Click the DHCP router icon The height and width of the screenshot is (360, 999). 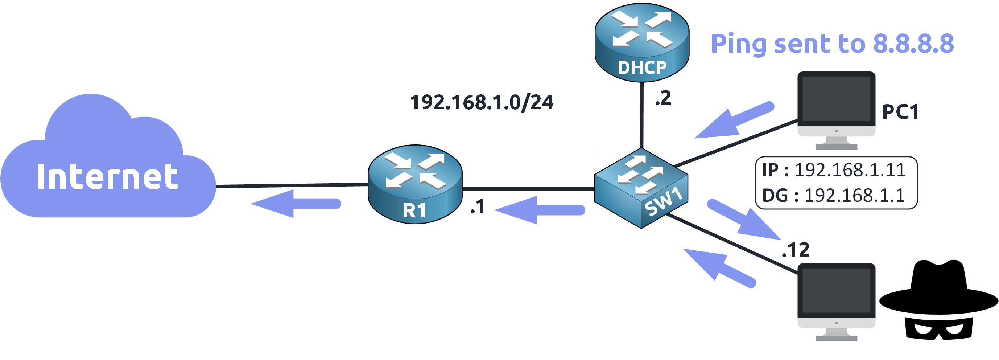642,43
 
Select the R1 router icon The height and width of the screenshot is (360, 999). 415,184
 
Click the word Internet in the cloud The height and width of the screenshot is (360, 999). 107,177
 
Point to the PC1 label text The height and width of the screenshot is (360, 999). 900,112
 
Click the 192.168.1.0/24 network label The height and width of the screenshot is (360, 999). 481,102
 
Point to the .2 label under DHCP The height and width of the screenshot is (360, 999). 663,98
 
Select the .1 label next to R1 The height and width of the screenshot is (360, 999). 478,206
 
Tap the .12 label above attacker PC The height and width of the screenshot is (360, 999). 796,250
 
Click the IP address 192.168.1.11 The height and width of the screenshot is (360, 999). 850,170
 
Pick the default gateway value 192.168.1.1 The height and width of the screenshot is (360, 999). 854,196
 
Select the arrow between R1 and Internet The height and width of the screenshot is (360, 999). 297,204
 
